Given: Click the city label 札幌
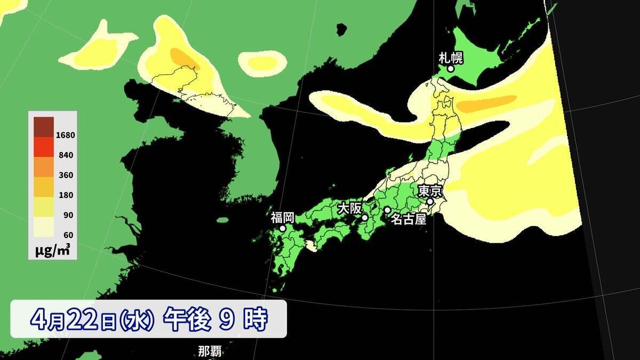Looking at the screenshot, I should click(x=450, y=57).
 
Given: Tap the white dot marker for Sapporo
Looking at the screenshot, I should click(x=451, y=68).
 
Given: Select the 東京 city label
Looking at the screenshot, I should click(x=429, y=190).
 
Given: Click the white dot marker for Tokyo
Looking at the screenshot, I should click(x=430, y=202).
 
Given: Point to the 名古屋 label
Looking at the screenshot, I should click(x=409, y=219).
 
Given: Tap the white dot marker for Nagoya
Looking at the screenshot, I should click(x=387, y=210).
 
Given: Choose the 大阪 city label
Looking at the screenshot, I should click(x=350, y=207).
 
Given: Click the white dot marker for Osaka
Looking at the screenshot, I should click(x=365, y=218).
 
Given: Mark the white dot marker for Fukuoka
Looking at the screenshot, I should click(x=283, y=228).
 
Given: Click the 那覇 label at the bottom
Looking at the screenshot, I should click(x=210, y=351).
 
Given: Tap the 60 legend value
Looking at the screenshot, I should click(x=68, y=235).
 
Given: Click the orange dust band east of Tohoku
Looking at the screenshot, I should click(x=488, y=103).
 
